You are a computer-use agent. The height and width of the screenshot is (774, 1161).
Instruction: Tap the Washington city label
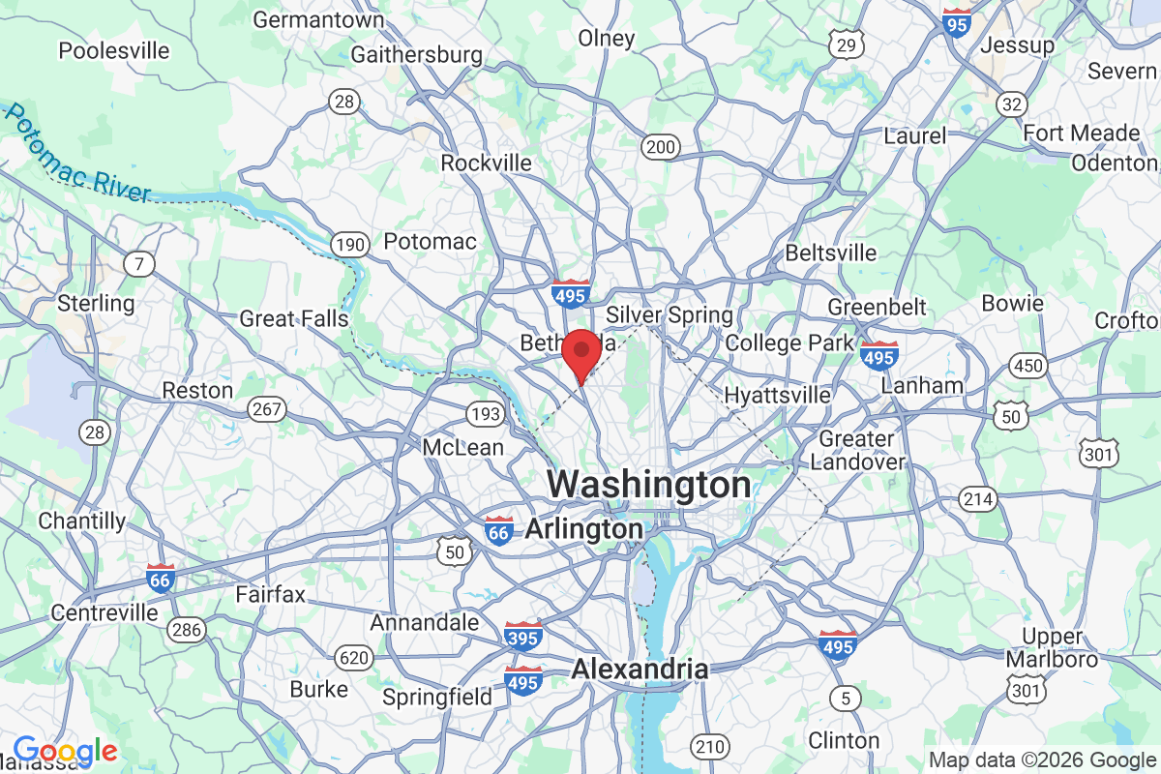click(649, 484)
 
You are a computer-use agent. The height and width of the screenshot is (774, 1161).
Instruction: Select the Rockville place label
click(486, 163)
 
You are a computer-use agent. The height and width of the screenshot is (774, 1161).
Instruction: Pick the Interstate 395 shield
click(522, 637)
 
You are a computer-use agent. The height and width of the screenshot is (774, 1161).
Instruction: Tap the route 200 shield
click(660, 147)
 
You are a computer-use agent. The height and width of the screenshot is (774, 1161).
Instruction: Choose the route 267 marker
click(265, 409)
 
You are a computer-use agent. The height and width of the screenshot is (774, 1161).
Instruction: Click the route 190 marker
click(348, 245)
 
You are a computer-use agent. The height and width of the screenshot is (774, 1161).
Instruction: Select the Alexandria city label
click(640, 669)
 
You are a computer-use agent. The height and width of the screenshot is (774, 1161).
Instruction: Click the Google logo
click(65, 751)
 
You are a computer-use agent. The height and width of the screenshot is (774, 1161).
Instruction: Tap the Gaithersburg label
click(416, 54)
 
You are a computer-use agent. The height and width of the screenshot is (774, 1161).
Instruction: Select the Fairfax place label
click(271, 594)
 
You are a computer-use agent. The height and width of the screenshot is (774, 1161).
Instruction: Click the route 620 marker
click(354, 659)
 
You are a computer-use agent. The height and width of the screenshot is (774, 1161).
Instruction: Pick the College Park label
click(789, 342)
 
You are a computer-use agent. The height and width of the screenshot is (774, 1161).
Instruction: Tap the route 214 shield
click(977, 498)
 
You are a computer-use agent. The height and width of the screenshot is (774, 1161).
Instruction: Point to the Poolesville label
click(114, 50)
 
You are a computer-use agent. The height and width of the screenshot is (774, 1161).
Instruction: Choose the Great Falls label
click(294, 318)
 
